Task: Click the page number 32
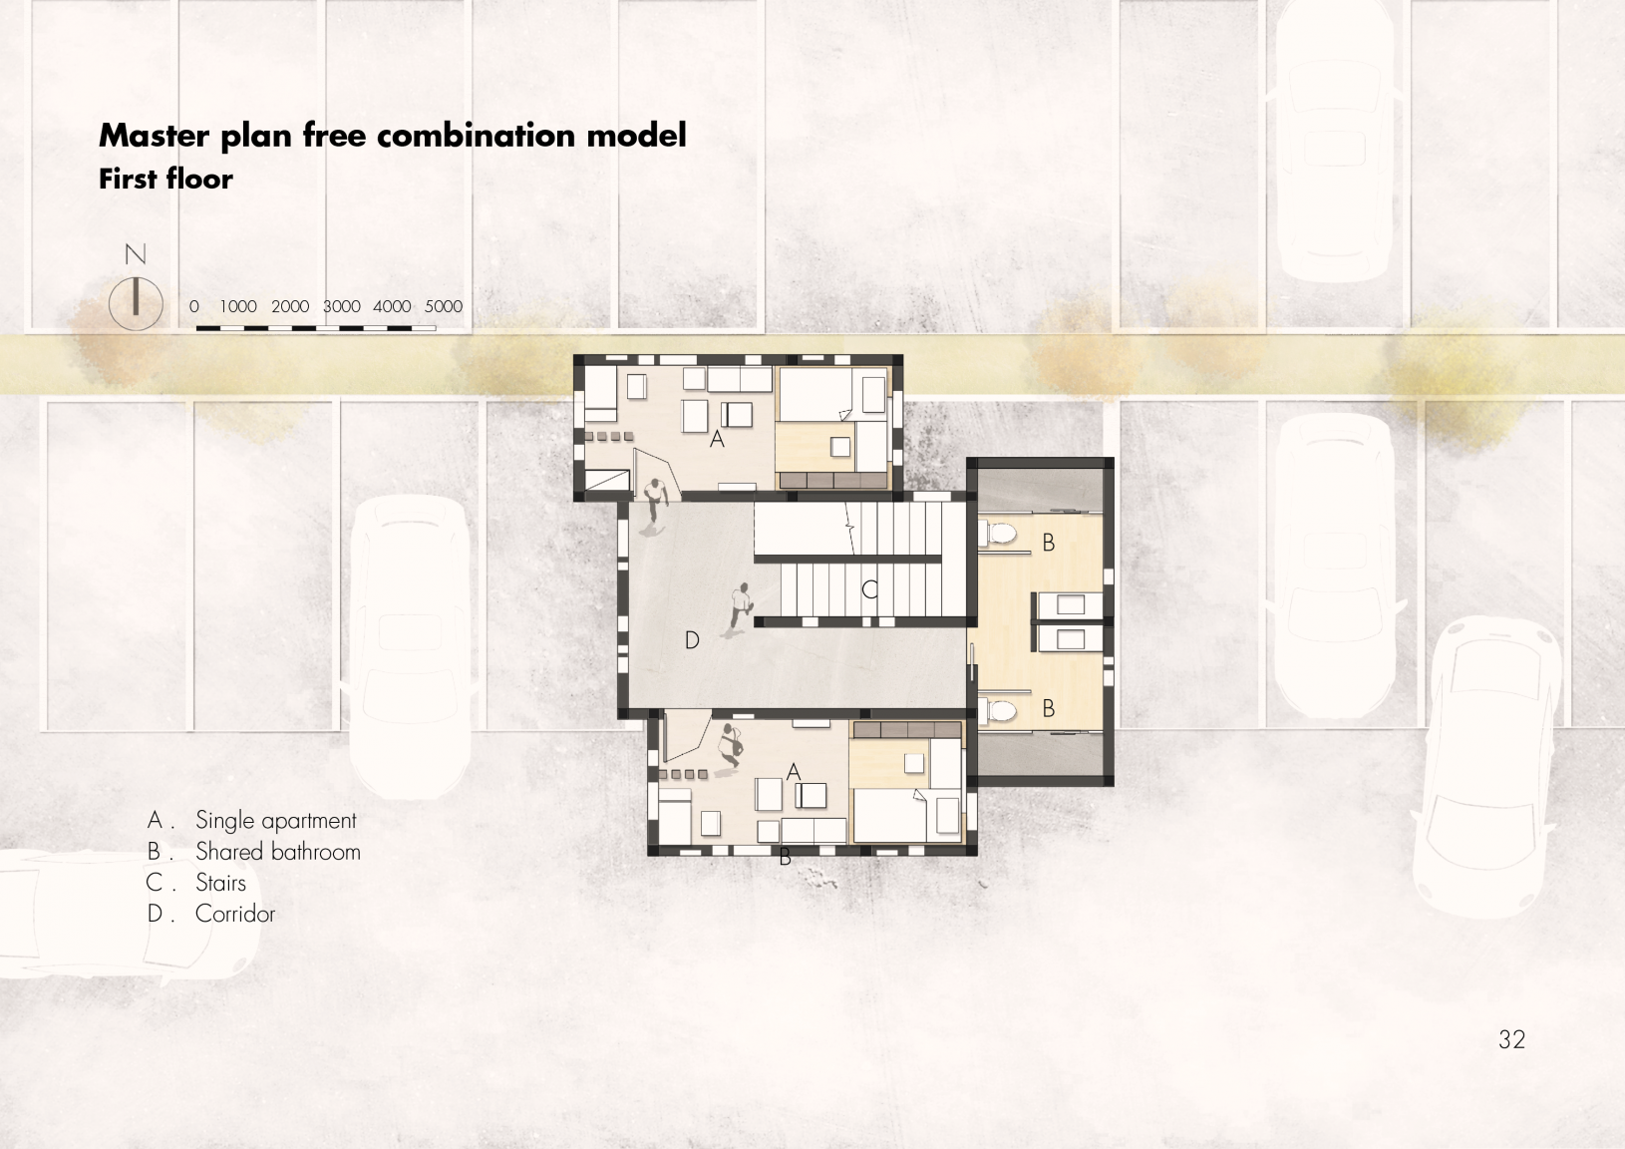[1511, 1039]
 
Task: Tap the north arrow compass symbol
[136, 303]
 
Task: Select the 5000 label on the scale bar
[444, 306]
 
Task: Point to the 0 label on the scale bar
[193, 306]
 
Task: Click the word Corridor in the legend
[235, 913]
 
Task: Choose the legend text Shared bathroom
[278, 852]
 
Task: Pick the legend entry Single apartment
[276, 821]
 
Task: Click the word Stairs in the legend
[220, 883]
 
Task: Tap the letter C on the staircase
[869, 589]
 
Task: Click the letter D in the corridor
[692, 640]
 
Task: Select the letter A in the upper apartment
[717, 439]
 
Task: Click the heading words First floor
[166, 179]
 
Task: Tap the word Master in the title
[154, 135]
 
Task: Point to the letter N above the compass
[136, 254]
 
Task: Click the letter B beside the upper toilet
[1048, 543]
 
